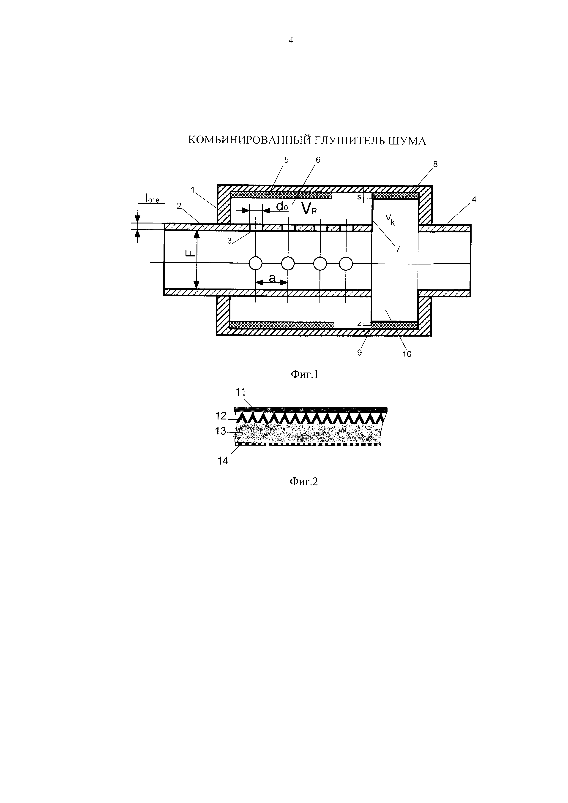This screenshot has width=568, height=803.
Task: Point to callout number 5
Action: point(287,160)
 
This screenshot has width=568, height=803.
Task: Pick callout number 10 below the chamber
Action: point(407,354)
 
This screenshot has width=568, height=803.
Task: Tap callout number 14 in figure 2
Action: point(223,461)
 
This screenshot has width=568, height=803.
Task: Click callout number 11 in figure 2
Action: point(241,392)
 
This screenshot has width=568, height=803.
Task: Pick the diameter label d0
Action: point(281,206)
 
